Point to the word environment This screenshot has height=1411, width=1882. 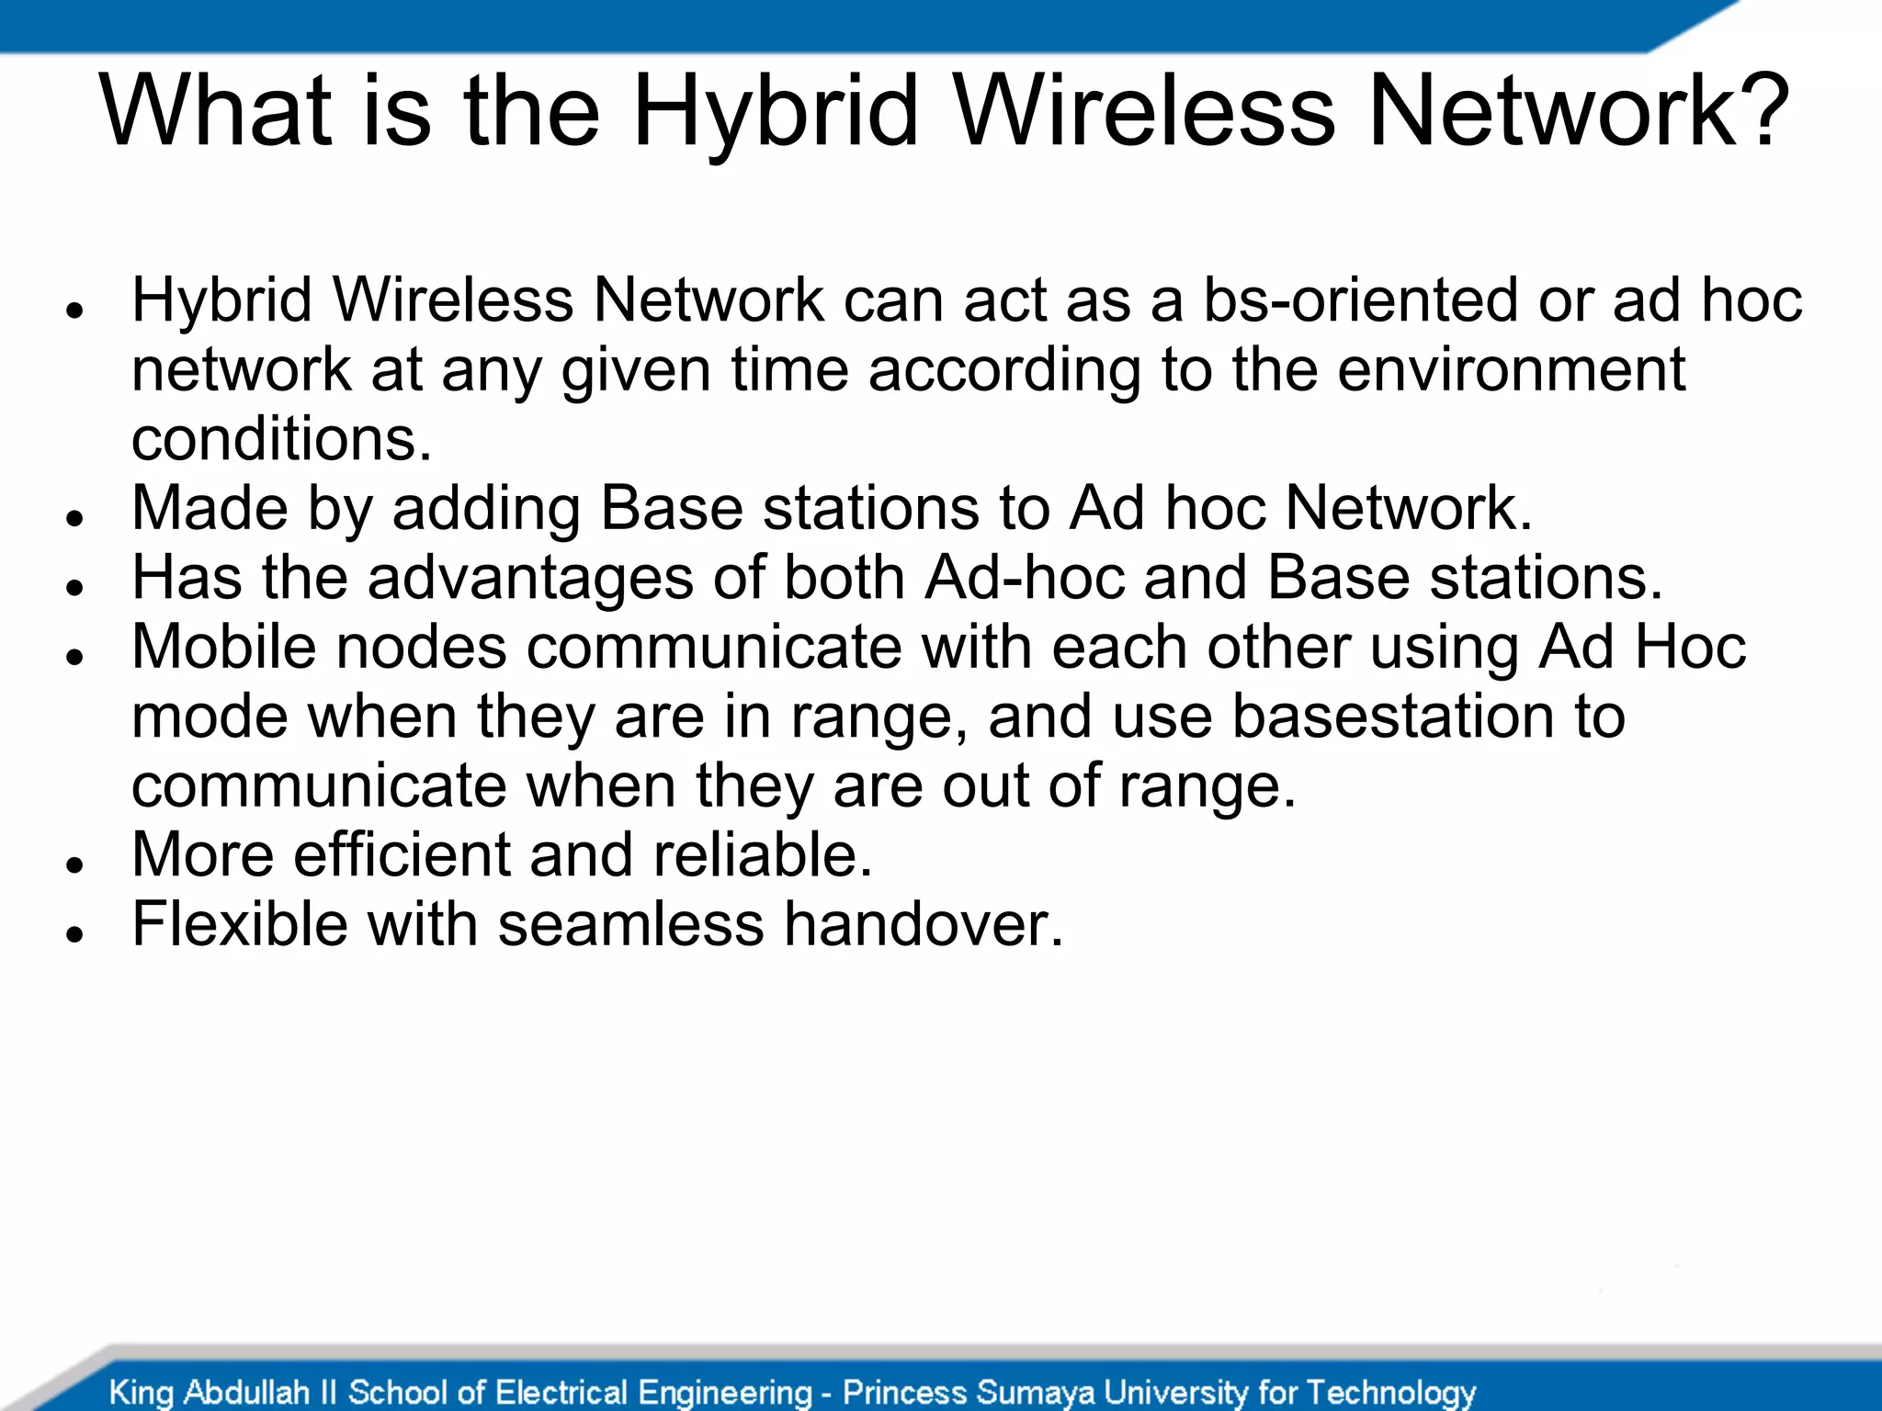point(1511,369)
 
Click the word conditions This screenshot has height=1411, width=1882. point(281,439)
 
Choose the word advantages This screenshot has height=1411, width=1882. point(530,578)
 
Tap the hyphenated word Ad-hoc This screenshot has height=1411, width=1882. point(1025,578)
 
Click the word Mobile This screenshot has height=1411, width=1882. point(224,647)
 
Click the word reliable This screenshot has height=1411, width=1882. point(762,854)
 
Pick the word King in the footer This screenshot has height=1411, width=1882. point(141,1393)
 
